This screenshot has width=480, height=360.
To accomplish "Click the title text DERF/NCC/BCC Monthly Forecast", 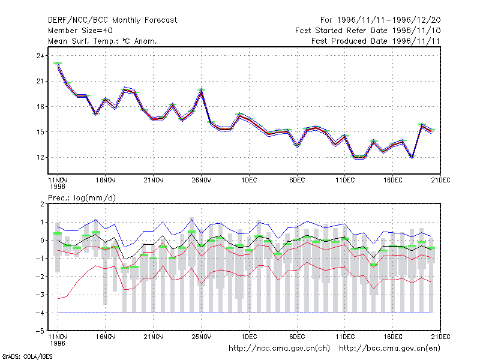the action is point(112,20).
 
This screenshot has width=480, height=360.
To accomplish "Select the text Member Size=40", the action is point(80,31).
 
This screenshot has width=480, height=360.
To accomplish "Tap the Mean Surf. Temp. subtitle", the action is point(102,41).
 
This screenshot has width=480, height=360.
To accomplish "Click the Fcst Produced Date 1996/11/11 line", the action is point(376,41).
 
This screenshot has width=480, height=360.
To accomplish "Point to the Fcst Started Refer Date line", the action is point(368,31).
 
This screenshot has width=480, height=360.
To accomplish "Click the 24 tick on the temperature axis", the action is point(40,56).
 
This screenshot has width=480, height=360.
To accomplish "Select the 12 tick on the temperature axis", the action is point(40,157).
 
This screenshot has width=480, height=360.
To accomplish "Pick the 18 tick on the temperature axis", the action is point(40,107).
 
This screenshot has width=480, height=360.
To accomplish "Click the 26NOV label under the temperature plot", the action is point(202,180).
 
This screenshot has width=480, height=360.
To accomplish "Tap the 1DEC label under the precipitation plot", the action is point(249,337).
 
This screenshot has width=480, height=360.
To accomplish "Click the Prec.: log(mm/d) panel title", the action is point(82,198).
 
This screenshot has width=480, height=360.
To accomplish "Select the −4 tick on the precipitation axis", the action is point(40,313).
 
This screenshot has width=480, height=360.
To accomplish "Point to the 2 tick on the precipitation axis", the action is point(42,204).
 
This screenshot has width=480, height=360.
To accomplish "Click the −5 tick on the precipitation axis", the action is point(40,331).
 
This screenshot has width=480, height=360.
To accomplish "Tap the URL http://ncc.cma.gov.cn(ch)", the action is point(279,349).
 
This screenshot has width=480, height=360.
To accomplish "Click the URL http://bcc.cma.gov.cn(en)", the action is point(389,349).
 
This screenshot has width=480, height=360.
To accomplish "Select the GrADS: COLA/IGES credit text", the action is point(27,356).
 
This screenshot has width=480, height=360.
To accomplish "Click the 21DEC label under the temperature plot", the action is point(440,180).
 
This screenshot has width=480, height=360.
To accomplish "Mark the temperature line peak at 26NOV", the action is point(201,91).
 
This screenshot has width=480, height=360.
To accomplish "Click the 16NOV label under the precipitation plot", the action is point(106,337).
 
